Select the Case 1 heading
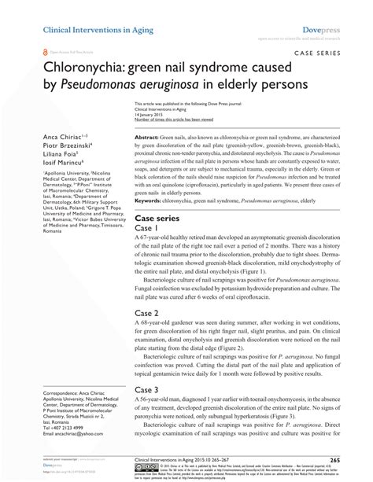tap(151, 230)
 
